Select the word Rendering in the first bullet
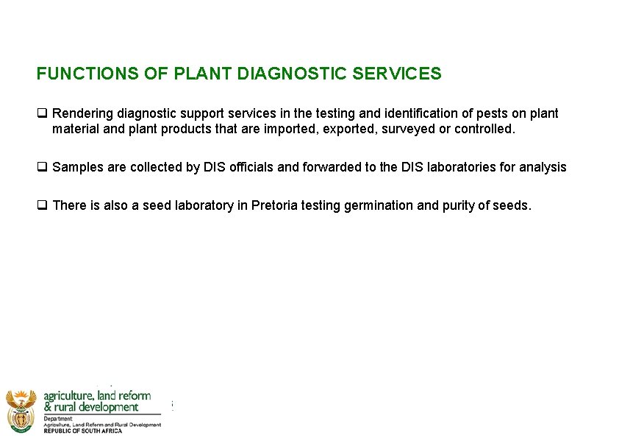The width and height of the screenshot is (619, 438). point(83,113)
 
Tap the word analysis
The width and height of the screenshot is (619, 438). point(543,167)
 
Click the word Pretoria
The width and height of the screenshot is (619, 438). point(276,205)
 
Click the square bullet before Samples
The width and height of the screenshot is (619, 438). point(42,167)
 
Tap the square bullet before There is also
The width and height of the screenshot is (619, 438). point(42,205)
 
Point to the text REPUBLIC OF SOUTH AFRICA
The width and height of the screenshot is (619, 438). point(83,431)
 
